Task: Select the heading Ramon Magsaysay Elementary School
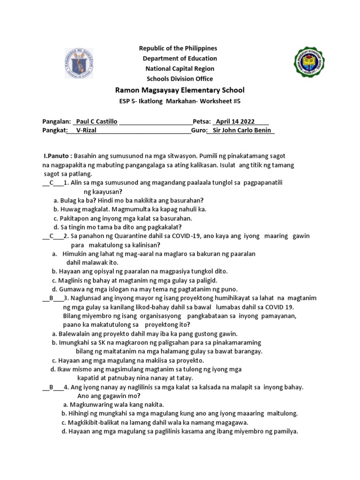180,90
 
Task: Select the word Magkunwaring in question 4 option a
90,405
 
